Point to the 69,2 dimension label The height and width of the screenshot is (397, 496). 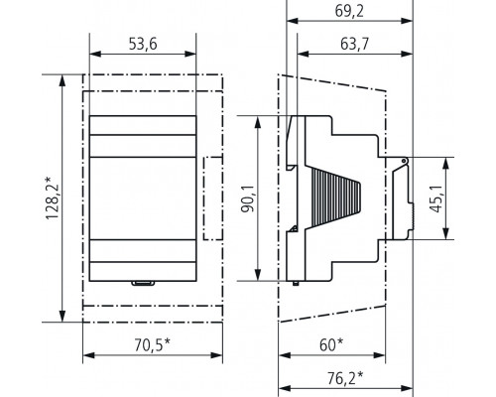349,12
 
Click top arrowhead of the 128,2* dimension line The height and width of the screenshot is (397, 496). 63,76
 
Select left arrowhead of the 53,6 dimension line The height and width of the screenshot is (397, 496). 93,58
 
